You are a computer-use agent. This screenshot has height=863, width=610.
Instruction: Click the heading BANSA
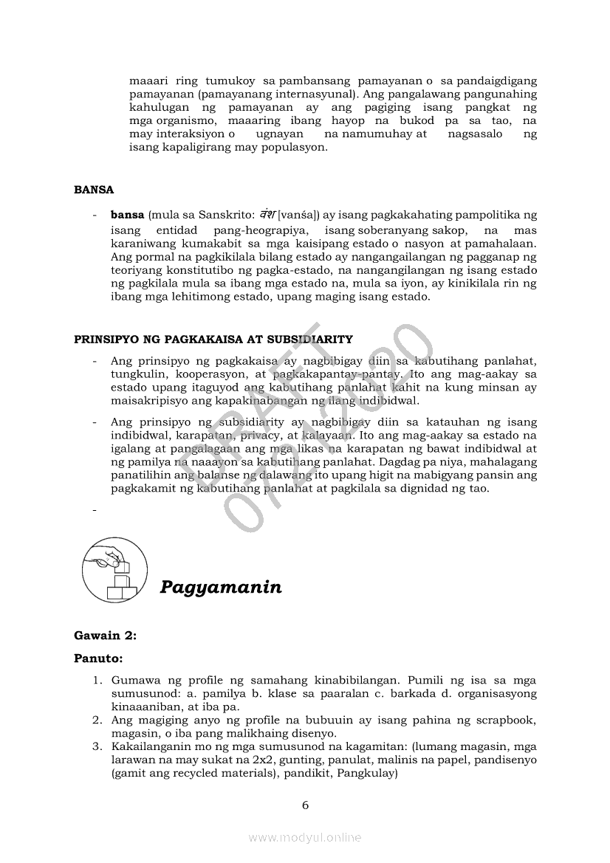click(94, 190)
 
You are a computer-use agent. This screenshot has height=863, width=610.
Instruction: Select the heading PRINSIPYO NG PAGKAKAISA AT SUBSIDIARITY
click(213, 340)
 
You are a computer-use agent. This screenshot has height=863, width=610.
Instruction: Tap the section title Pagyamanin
click(221, 588)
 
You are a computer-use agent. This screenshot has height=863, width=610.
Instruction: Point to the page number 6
click(305, 805)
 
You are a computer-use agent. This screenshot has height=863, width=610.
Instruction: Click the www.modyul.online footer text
click(305, 837)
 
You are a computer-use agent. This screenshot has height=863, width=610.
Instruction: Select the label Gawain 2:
click(105, 635)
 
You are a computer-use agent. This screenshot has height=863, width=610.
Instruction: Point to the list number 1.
click(97, 680)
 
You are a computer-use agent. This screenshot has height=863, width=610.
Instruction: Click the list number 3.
click(97, 746)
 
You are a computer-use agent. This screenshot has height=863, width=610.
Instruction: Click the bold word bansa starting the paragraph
click(127, 216)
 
